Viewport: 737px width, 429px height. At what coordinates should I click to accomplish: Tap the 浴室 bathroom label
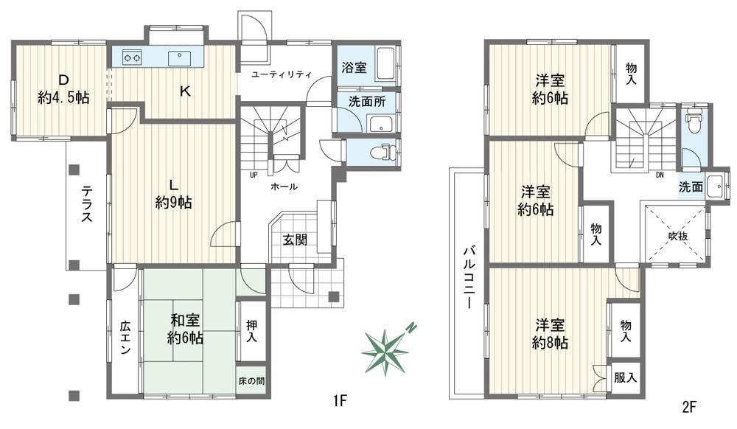click(x=354, y=68)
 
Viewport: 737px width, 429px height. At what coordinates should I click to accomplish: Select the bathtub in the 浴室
click(x=387, y=65)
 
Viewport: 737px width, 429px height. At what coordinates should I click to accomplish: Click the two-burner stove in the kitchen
click(x=132, y=57)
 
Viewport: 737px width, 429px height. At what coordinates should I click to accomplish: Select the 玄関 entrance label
click(x=295, y=240)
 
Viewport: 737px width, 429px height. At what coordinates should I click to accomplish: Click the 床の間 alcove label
click(x=251, y=380)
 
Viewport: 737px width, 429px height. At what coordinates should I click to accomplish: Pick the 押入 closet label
click(x=251, y=331)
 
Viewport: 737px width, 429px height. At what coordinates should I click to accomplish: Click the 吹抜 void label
click(x=678, y=237)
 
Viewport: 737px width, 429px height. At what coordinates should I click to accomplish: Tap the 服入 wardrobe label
click(x=625, y=377)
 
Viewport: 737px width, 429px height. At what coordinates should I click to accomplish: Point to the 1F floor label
click(x=340, y=401)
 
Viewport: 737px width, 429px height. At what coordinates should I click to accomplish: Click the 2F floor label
click(x=688, y=406)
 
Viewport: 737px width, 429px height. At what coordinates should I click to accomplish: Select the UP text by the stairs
click(x=254, y=175)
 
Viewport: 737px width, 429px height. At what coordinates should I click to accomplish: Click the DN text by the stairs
click(x=660, y=175)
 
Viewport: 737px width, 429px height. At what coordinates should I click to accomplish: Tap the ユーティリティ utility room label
click(x=281, y=74)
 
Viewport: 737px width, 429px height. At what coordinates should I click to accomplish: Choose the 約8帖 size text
click(x=550, y=343)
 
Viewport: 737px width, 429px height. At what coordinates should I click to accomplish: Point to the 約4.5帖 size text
click(x=63, y=98)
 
